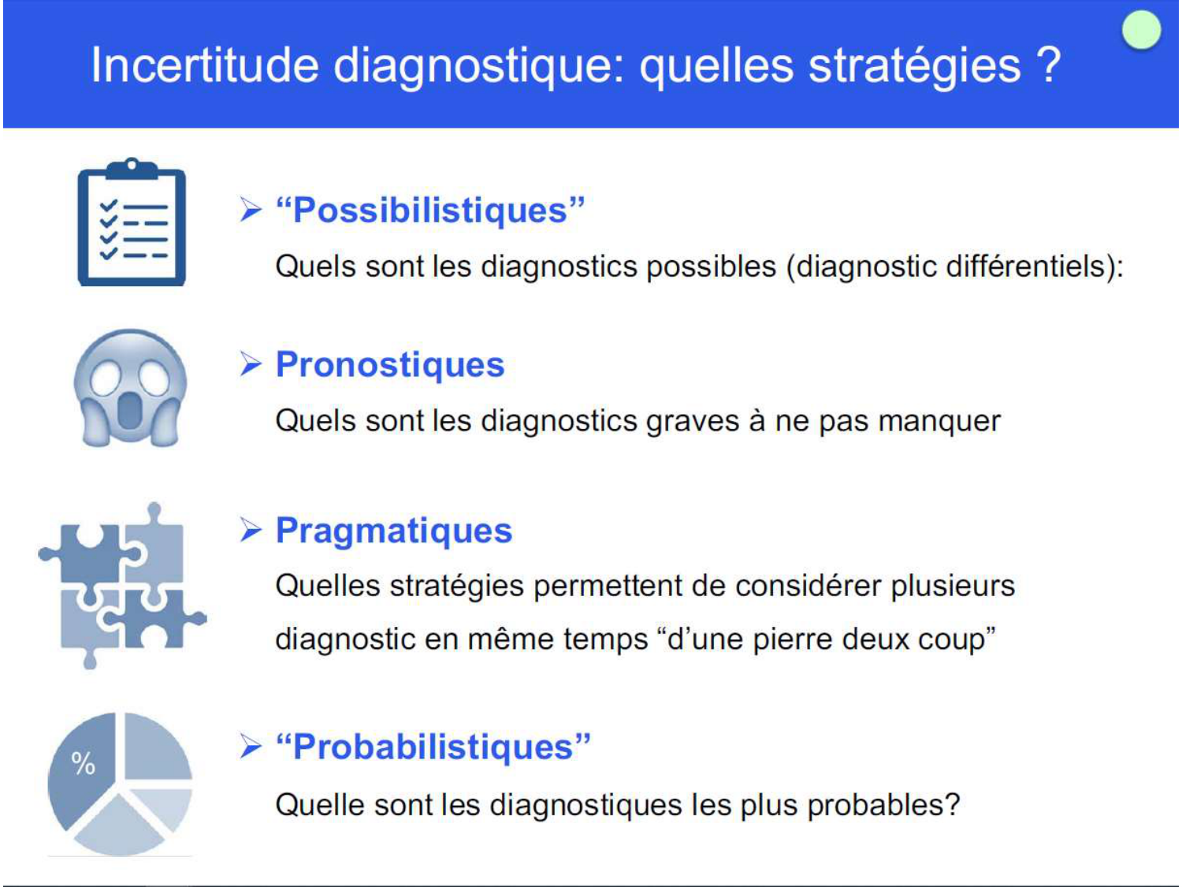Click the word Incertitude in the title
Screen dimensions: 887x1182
click(x=204, y=65)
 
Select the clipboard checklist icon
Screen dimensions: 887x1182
click(x=132, y=223)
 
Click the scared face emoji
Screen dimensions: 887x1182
click(x=130, y=389)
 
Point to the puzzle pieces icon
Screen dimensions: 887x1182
click(x=122, y=586)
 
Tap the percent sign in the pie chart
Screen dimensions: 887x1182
click(x=83, y=763)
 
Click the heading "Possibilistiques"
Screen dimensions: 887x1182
click(x=430, y=211)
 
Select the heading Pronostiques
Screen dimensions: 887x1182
click(x=390, y=364)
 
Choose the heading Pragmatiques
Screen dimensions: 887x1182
click(x=394, y=530)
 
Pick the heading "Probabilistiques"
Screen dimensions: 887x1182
click(x=433, y=747)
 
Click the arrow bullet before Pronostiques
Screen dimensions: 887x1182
click(x=251, y=364)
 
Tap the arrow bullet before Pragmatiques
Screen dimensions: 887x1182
click(x=251, y=530)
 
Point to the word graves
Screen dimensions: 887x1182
click(x=692, y=421)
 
